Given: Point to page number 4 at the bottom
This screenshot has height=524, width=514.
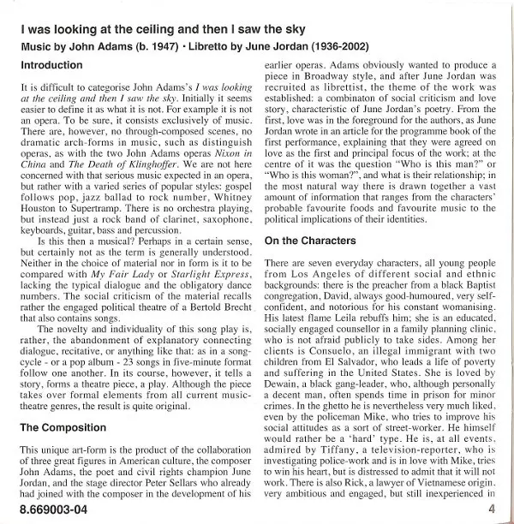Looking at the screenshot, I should tap(493, 510).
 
